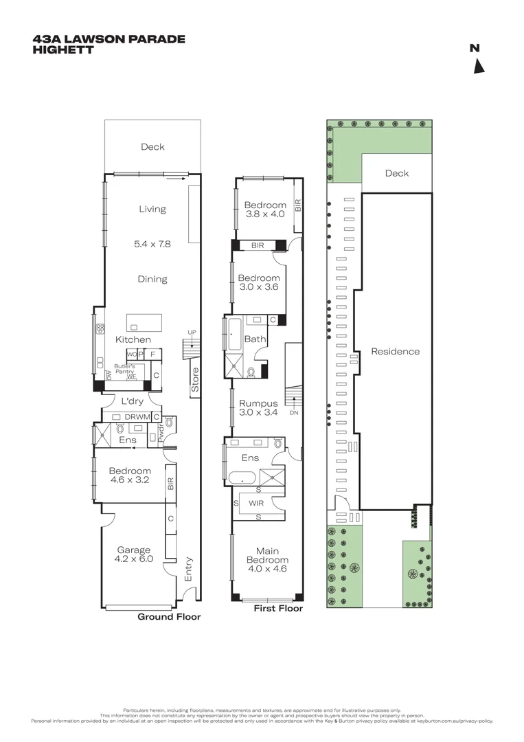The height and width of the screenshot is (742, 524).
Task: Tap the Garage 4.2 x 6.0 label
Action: pyautogui.click(x=134, y=554)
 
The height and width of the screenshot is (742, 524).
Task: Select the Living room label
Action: pyautogui.click(x=152, y=209)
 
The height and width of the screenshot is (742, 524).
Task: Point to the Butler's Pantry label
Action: pyautogui.click(x=124, y=369)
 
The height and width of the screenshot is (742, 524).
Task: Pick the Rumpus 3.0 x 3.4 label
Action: pyautogui.click(x=258, y=408)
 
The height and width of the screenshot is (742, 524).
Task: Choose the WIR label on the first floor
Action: pyautogui.click(x=256, y=503)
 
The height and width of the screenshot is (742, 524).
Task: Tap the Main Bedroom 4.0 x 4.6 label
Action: pyautogui.click(x=267, y=559)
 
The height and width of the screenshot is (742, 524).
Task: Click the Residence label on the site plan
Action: pyautogui.click(x=395, y=351)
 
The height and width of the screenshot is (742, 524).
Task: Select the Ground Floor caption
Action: pyautogui.click(x=169, y=617)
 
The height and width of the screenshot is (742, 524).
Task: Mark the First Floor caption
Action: pyautogui.click(x=278, y=608)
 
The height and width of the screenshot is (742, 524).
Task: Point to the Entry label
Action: pyautogui.click(x=189, y=569)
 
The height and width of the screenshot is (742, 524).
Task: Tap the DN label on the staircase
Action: pyautogui.click(x=294, y=413)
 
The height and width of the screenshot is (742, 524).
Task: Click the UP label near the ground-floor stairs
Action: pyautogui.click(x=192, y=333)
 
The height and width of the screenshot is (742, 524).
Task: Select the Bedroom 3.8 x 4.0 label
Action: pyautogui.click(x=265, y=209)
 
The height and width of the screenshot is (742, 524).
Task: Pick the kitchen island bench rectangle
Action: pyautogui.click(x=144, y=322)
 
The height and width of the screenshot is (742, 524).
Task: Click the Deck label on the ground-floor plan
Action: pyautogui.click(x=152, y=146)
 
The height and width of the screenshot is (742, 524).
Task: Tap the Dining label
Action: pyautogui.click(x=152, y=279)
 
